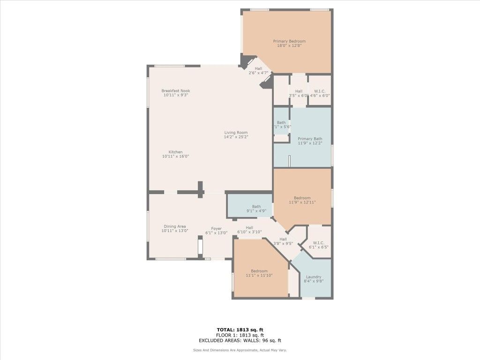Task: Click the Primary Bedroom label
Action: point(289,41)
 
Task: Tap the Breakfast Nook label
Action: point(176,91)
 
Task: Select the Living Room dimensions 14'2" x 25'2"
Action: point(236,137)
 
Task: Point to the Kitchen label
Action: point(176,152)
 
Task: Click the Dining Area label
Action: point(175,226)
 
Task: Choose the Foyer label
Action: point(216,229)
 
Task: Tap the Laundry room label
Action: point(314,277)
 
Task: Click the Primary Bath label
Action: point(310,139)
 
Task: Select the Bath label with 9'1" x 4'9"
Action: point(256,207)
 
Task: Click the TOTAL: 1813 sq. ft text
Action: point(240,330)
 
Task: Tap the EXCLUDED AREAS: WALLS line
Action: point(240,340)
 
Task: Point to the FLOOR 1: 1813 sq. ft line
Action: point(240,335)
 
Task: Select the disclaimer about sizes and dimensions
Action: point(240,350)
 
